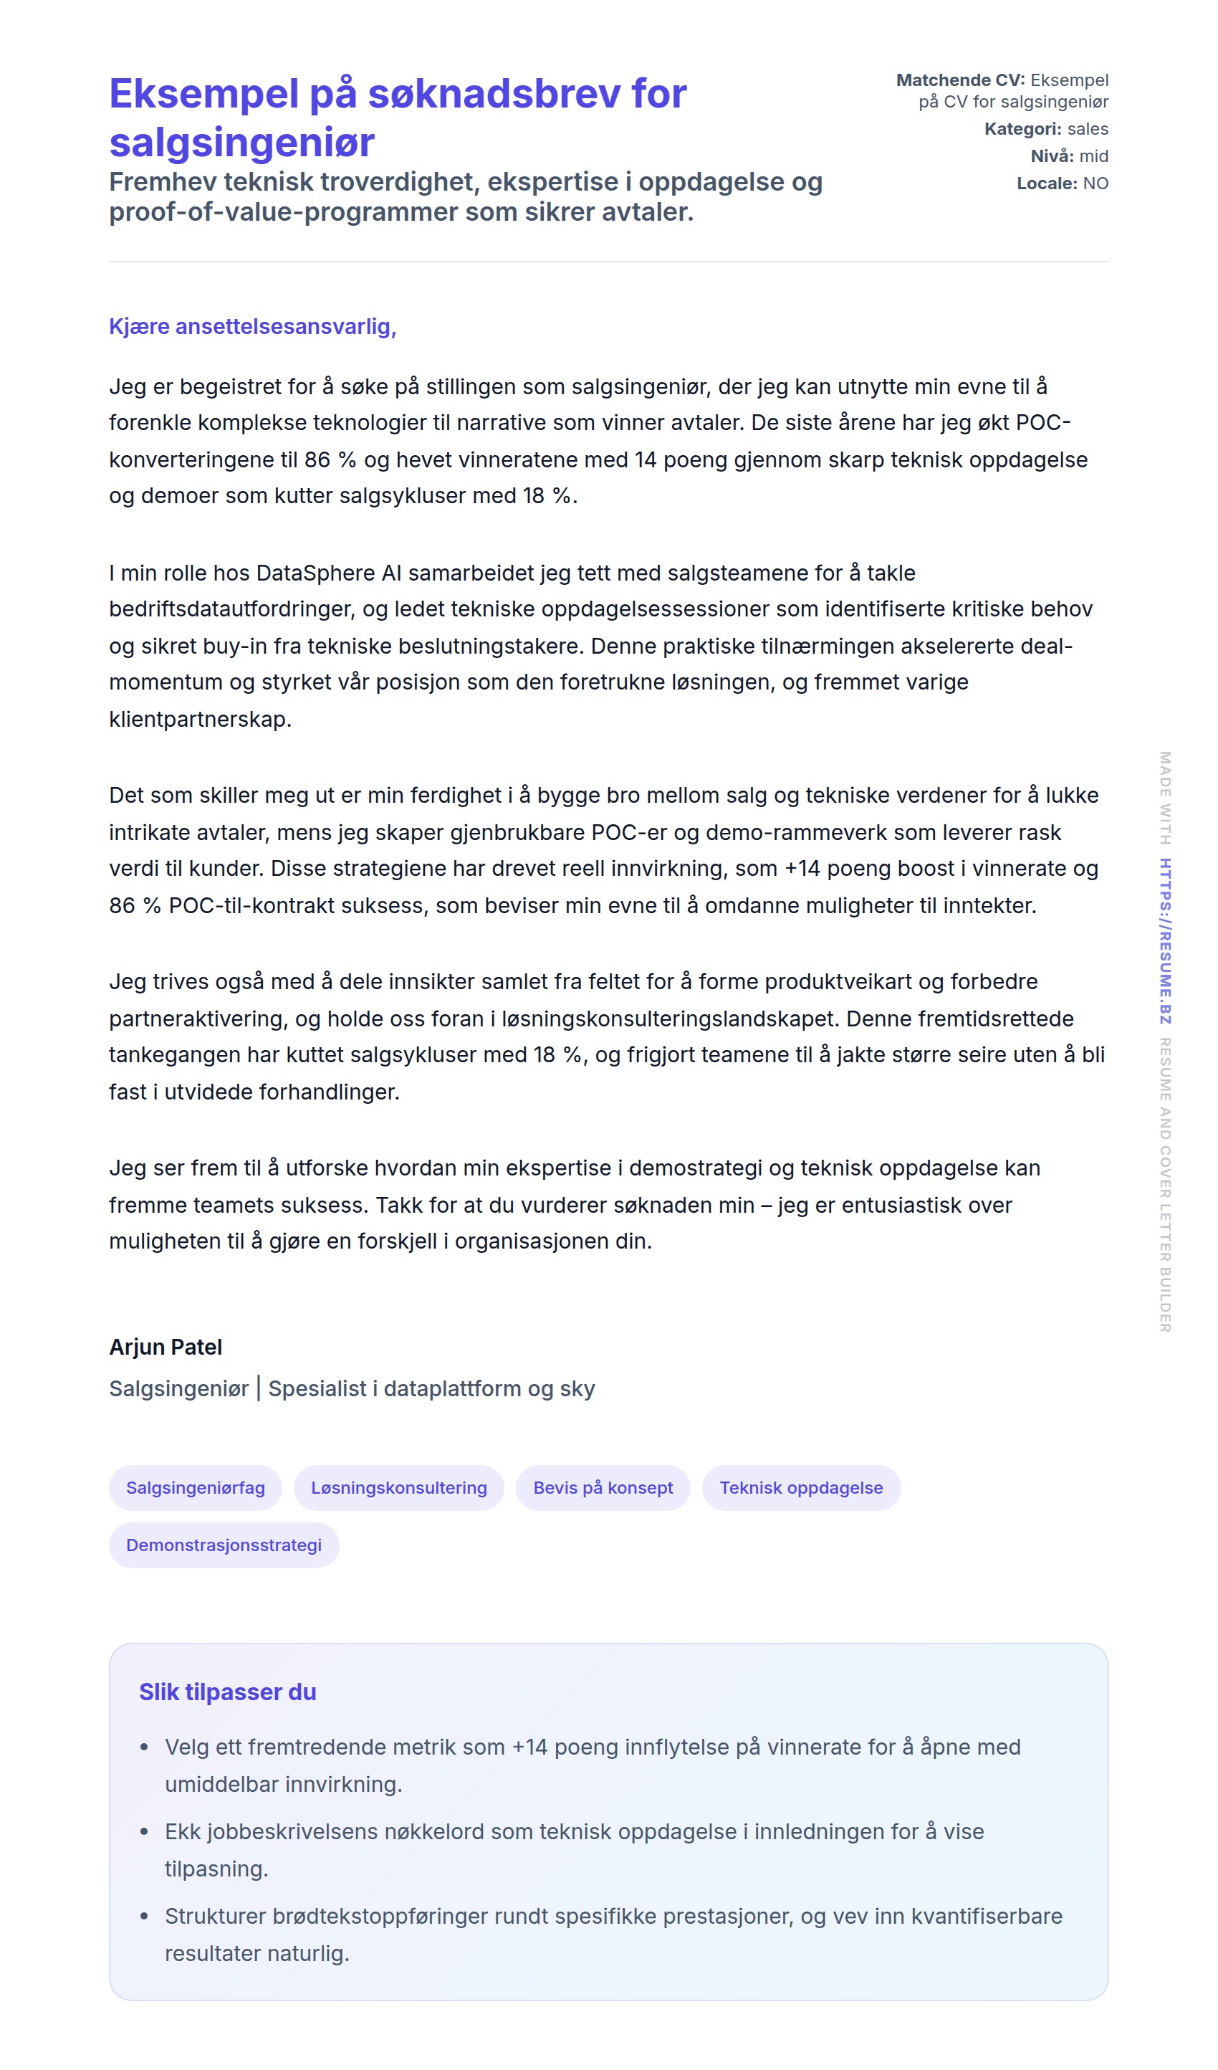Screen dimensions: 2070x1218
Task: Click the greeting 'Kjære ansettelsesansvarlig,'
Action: (252, 326)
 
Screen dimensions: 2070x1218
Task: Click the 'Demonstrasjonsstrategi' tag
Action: (224, 1545)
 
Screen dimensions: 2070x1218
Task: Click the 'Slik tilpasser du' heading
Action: (228, 1692)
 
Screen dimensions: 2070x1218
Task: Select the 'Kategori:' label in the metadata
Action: (1022, 129)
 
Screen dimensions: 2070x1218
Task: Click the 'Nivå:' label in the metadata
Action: (1052, 156)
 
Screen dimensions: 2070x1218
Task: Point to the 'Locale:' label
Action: (1046, 183)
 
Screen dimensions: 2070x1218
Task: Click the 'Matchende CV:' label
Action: (960, 80)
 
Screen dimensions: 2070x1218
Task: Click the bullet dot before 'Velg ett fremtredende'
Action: (145, 1747)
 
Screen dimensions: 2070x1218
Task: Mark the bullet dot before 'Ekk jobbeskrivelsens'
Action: (145, 1832)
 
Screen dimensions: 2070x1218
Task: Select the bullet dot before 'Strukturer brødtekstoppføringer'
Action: (145, 1917)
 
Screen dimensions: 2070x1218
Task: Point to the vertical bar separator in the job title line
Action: (259, 1388)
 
